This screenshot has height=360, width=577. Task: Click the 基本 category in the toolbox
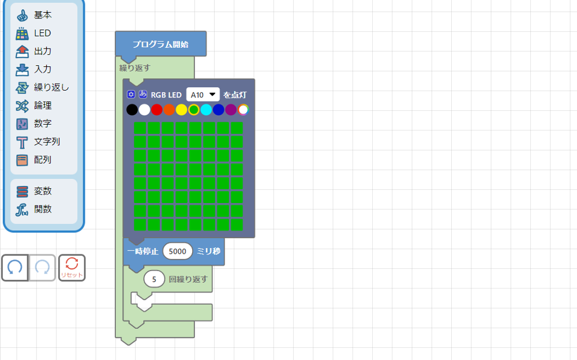tap(42, 15)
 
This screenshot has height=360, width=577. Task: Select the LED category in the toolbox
tap(42, 33)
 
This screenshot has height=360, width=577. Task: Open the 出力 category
tap(42, 51)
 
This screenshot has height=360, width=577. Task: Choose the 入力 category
tap(42, 69)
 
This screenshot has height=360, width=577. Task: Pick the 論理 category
tap(42, 106)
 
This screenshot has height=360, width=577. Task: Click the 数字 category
tap(42, 123)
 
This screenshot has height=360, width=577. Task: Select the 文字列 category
tap(47, 141)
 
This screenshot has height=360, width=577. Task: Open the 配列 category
tap(42, 160)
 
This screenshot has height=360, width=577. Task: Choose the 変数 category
tap(42, 191)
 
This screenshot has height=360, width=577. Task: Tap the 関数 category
tap(42, 209)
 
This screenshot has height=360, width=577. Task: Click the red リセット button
tap(72, 268)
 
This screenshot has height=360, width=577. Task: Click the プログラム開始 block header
tap(160, 44)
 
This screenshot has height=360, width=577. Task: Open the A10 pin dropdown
tap(203, 95)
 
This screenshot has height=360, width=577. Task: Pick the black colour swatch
tap(132, 110)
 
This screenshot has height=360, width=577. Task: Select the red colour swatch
tap(156, 110)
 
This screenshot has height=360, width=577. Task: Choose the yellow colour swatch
tap(181, 110)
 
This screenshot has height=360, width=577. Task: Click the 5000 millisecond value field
tap(178, 252)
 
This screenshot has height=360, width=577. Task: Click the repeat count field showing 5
tap(154, 279)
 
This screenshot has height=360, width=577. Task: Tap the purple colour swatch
tap(231, 110)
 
